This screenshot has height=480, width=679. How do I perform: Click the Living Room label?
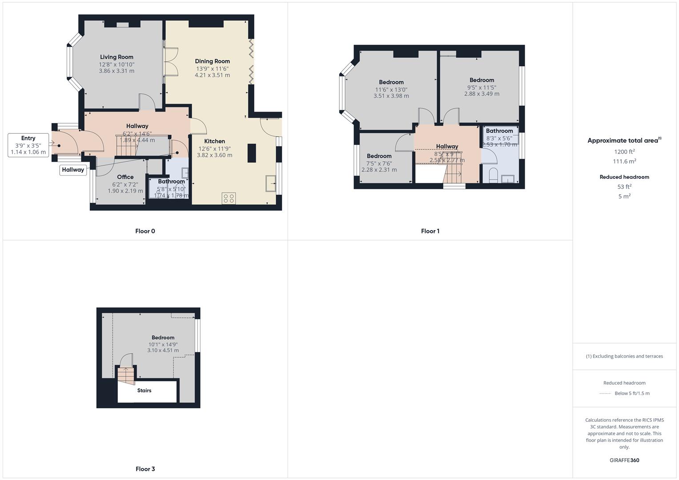[117, 57]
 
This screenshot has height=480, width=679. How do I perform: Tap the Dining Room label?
[212, 61]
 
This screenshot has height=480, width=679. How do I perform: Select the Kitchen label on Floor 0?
[214, 141]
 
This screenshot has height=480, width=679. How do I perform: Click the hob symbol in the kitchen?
[229, 198]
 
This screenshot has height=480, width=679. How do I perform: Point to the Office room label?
[125, 177]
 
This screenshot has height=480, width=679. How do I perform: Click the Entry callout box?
[28, 145]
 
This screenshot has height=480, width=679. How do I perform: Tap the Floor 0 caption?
[145, 231]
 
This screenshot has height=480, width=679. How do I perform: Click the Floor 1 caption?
[430, 231]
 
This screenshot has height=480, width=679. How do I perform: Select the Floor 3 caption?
[145, 469]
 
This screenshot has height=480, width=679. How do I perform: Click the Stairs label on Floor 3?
[144, 391]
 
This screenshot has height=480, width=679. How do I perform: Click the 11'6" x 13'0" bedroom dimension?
[391, 89]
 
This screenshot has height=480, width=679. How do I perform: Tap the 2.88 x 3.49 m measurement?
[482, 94]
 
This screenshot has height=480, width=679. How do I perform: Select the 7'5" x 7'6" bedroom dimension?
[379, 163]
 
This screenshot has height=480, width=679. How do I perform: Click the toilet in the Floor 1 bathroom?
[493, 175]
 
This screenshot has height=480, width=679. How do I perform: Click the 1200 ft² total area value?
[624, 152]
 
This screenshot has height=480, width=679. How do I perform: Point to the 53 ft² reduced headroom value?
[624, 187]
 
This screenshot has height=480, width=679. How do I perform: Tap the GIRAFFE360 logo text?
[624, 460]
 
